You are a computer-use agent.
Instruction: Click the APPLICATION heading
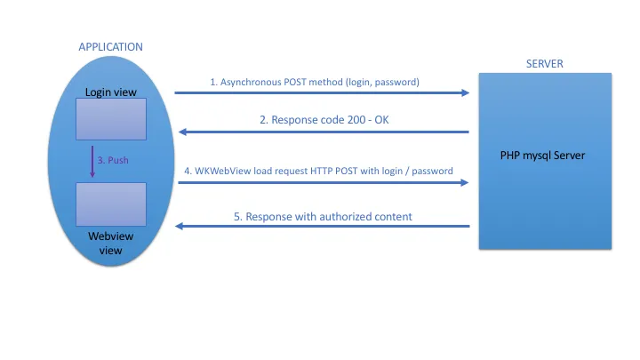tap(111, 46)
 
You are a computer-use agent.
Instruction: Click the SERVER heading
tap(545, 63)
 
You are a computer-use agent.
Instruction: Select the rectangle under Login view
tap(110, 119)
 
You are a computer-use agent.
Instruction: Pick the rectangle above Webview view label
tap(110, 204)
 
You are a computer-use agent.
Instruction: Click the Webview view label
tap(110, 244)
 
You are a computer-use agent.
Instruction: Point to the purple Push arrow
tap(92, 161)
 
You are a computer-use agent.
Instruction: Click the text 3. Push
tap(114, 161)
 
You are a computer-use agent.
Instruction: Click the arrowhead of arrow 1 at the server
tap(465, 92)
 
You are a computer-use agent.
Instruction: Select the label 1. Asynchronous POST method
tap(315, 82)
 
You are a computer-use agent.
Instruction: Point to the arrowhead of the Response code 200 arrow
tap(182, 132)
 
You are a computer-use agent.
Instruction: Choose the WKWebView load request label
tap(318, 170)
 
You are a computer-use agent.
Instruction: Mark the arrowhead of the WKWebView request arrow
tap(465, 182)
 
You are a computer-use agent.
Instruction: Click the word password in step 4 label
tap(430, 170)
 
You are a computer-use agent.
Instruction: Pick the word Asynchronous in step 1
tap(252, 82)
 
